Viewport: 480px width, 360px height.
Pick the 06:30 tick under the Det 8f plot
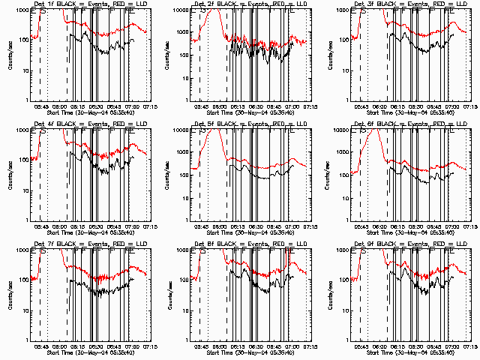click(x=247, y=346)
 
